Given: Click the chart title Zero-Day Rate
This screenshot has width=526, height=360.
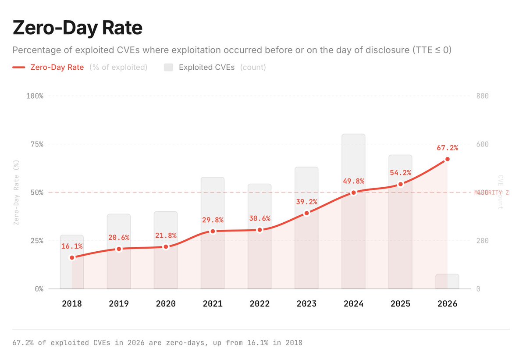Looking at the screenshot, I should pos(77,28).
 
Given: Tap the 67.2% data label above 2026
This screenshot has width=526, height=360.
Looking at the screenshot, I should pos(447,148).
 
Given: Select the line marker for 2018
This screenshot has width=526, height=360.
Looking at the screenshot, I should pos(72,257).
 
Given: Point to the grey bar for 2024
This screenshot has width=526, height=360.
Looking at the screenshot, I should pos(353,162).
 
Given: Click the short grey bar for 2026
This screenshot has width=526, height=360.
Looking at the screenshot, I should pos(447,281).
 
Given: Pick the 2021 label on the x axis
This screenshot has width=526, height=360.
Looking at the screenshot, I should pos(213,304).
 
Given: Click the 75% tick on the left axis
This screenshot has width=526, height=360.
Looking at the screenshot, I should pos(36,144).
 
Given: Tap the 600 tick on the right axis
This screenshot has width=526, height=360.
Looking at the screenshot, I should pos(482,144).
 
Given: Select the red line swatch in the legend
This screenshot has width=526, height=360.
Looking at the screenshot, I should pos(19,68).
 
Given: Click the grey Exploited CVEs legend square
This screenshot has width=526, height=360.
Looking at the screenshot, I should pos(169,68).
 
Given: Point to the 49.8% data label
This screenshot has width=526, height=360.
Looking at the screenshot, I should pos(353,182).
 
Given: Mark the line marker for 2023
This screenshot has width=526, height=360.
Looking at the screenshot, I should pos(306,213).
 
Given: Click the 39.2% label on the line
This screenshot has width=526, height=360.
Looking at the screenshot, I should pos(306,202).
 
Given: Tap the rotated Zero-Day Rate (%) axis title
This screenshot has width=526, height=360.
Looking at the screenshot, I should pos(17,192).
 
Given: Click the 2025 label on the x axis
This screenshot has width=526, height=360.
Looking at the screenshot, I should pos(400,304).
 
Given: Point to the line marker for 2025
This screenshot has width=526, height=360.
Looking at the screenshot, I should pos(400,184).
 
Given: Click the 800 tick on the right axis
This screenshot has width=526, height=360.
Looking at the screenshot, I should pos(482,96).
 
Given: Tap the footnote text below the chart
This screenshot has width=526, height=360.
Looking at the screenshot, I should pos(157,342).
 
